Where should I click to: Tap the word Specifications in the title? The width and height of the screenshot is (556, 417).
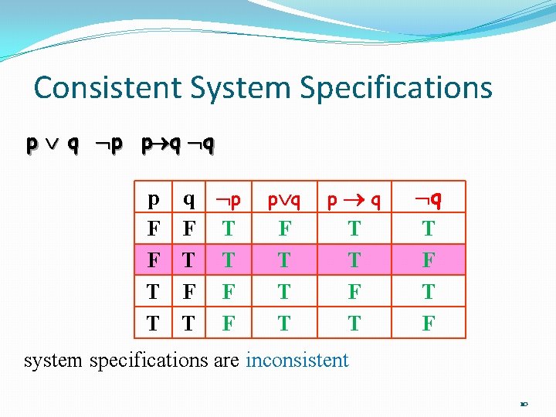point(396,87)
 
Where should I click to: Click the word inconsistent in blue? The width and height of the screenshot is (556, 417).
point(297,360)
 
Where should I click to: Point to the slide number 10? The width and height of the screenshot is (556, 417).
point(524,403)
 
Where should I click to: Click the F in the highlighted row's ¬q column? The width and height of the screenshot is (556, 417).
point(429,260)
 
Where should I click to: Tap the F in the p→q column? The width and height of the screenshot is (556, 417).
point(354,292)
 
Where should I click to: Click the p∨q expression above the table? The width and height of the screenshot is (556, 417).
point(52,144)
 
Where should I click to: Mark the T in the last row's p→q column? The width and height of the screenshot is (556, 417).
point(354,324)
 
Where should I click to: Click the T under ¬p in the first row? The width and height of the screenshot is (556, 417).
point(229,229)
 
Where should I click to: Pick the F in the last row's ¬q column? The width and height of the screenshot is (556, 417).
point(429,324)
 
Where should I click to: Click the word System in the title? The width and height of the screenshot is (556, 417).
point(246,87)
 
